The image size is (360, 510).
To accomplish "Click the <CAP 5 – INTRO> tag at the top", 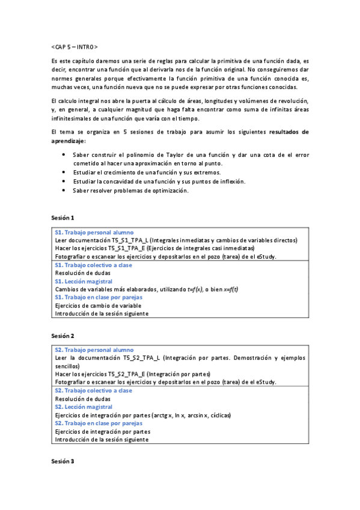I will point(75,47).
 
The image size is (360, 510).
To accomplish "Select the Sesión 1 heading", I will point(63,218).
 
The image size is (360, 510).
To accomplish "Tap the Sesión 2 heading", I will point(63,336).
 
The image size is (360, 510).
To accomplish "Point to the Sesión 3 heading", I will point(63,461).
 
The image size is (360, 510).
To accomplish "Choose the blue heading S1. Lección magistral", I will point(84,281).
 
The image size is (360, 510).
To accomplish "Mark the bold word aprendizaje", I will point(68,141).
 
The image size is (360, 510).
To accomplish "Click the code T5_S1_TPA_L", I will point(129,240).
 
